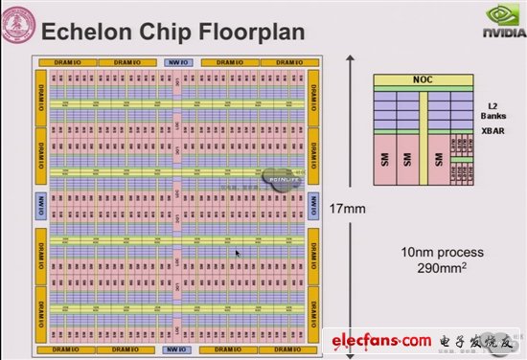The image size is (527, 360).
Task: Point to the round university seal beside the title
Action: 18,29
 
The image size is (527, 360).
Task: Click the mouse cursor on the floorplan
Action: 239,254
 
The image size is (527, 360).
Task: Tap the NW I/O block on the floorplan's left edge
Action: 41,204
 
